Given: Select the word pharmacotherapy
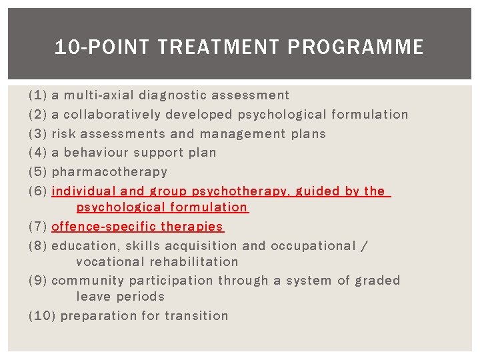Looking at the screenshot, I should click(109, 172).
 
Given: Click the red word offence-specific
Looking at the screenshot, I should click(103, 227).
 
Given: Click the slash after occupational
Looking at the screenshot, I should click(363, 246).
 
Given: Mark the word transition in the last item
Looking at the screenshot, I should click(197, 316).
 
